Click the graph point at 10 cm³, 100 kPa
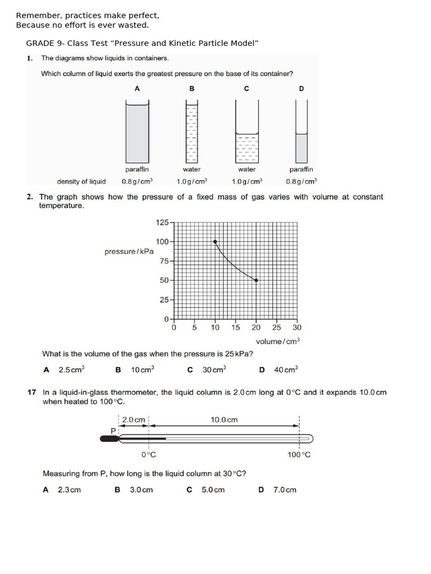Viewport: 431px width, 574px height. click(215, 242)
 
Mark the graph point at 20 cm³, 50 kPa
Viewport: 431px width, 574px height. click(256, 280)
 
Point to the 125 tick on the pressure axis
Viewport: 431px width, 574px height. click(162, 223)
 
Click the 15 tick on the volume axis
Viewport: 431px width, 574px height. click(236, 327)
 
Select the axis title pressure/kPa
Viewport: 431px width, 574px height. click(129, 252)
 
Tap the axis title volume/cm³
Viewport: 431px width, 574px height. click(277, 341)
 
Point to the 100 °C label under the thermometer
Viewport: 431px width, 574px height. click(299, 455)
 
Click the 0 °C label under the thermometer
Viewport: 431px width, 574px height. click(148, 455)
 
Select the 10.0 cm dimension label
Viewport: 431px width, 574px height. click(224, 420)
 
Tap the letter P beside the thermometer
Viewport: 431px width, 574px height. click(113, 430)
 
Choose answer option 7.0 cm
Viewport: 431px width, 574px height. click(285, 490)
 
